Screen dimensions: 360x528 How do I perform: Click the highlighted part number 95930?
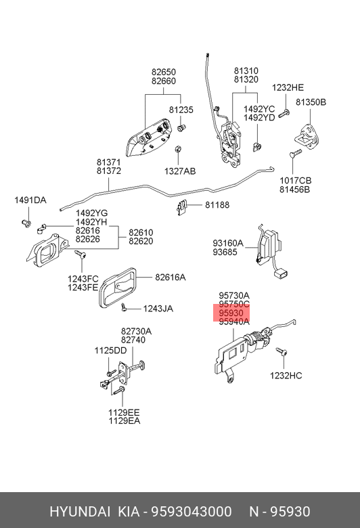click(x=231, y=313)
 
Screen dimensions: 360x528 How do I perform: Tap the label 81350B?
click(x=311, y=102)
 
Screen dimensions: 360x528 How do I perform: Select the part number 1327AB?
click(x=180, y=171)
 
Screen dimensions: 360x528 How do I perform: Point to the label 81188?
click(x=217, y=204)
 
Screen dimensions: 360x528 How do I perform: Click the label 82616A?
click(x=170, y=277)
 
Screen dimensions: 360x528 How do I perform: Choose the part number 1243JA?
click(x=158, y=309)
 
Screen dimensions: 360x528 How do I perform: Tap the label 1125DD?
click(x=110, y=351)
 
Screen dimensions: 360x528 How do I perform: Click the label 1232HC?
click(x=286, y=376)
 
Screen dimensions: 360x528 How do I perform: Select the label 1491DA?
click(x=30, y=200)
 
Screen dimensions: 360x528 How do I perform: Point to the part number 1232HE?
click(x=288, y=87)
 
